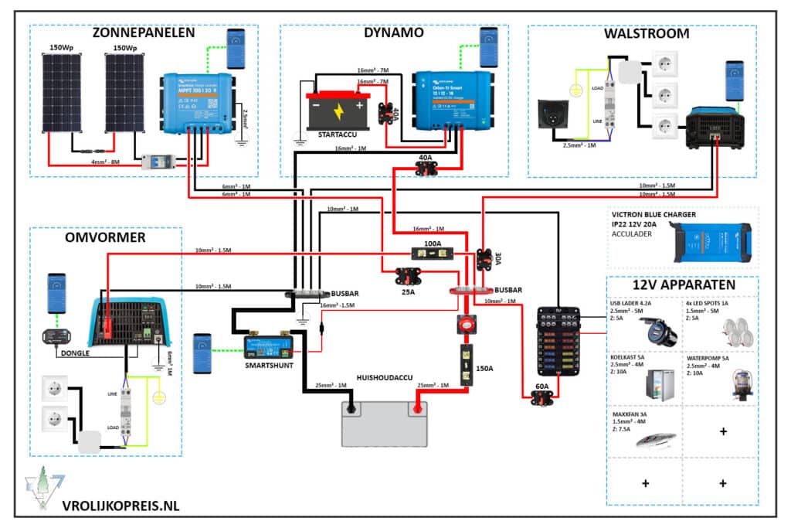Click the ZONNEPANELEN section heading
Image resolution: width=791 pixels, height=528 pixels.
(143, 33)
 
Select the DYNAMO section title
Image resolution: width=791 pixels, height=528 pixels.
(393, 33)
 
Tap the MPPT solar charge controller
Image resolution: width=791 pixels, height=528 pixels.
(197, 100)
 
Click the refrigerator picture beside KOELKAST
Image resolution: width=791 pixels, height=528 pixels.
(664, 380)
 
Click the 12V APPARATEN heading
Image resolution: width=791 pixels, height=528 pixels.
(682, 284)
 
